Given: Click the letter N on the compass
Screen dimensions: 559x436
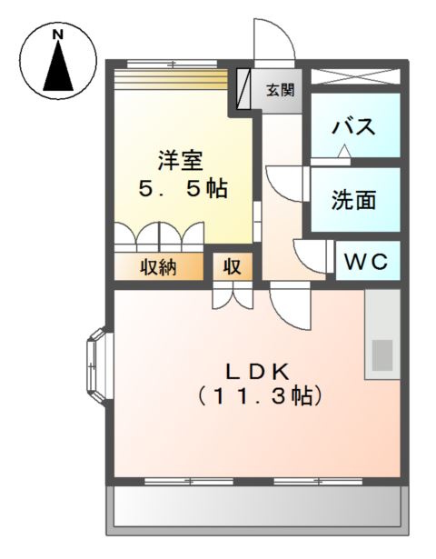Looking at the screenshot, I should (x=58, y=35).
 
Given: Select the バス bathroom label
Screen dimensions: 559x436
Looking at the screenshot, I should (x=353, y=126).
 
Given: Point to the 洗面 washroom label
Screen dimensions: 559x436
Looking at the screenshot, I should (x=353, y=200).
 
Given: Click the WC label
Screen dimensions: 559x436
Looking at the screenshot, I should (x=367, y=262).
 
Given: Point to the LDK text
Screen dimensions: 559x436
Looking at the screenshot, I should (x=257, y=371).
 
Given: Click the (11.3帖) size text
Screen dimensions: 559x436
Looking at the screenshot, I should (x=257, y=397).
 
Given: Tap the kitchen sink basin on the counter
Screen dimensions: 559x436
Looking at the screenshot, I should (x=381, y=354).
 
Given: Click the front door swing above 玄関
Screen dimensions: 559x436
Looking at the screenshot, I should (x=272, y=41).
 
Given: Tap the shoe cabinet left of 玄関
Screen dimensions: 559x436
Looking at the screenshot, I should (x=244, y=89).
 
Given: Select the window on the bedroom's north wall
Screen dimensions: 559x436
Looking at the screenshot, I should (x=173, y=64).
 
